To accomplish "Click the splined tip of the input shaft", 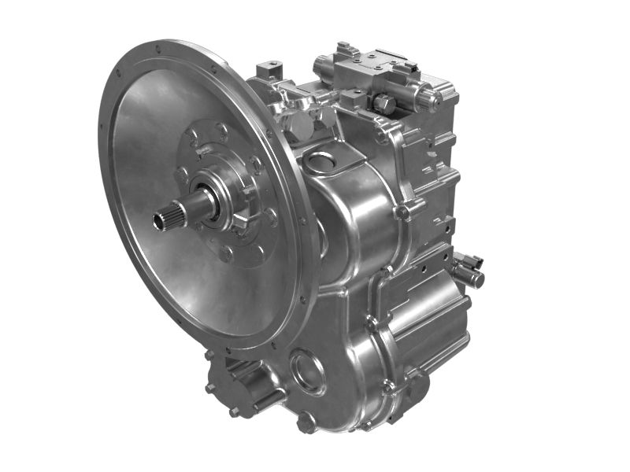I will tap(168, 215).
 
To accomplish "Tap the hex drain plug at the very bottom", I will tap(306, 422).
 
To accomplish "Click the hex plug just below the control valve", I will tap(384, 103).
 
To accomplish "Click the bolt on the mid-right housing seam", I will tap(402, 212).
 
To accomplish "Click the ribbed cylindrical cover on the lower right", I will tap(429, 315).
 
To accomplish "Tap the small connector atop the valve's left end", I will tap(343, 50).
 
